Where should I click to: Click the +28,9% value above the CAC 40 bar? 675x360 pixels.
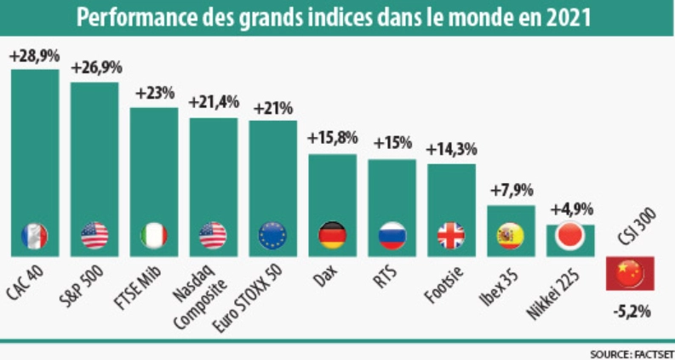[x=34, y=56]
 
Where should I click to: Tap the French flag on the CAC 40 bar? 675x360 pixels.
[x=34, y=236]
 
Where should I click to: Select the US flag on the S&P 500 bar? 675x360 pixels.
[x=94, y=236]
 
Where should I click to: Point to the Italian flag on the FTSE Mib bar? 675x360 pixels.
[x=154, y=236]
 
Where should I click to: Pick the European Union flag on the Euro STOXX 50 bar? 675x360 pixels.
[x=272, y=236]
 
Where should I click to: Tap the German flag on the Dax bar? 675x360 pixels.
[x=332, y=236]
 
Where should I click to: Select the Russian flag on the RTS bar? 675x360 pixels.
[x=392, y=236]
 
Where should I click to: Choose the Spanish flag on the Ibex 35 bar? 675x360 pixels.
[x=510, y=236]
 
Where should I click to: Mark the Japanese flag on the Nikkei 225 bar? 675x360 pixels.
[x=569, y=236]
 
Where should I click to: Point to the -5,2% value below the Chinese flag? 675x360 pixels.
[x=630, y=311]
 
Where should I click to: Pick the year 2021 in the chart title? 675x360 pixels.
[x=571, y=17]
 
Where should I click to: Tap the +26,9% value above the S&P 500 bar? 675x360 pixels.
[x=94, y=68]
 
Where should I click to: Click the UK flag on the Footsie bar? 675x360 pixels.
[x=451, y=236]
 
